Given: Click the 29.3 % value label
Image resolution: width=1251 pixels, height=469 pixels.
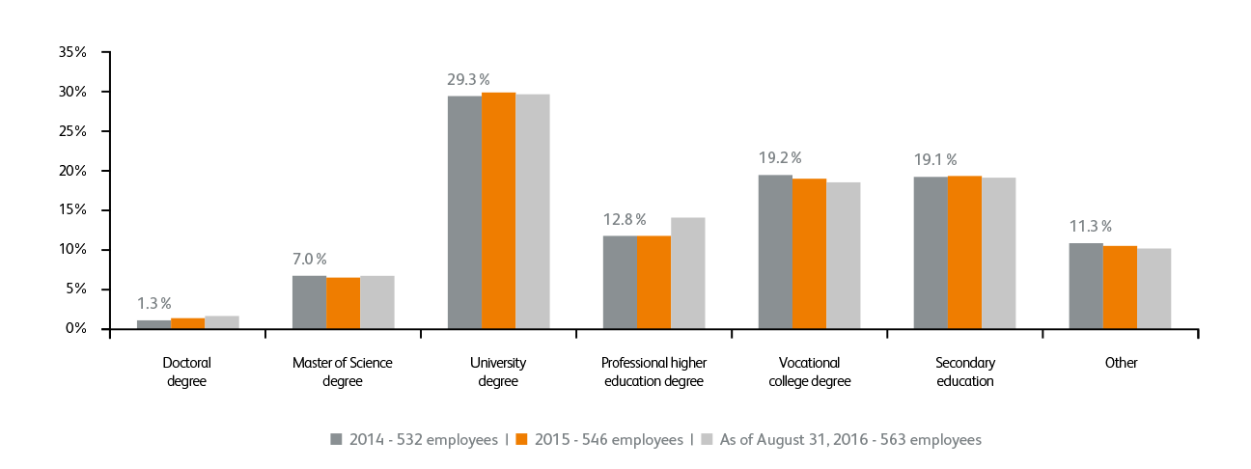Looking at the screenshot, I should [x=468, y=79].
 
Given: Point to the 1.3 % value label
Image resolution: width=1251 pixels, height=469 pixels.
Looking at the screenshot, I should [x=153, y=303].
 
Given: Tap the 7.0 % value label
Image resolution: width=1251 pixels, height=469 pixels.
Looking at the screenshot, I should [x=309, y=259].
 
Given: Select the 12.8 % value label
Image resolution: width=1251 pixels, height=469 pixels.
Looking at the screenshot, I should [x=624, y=219].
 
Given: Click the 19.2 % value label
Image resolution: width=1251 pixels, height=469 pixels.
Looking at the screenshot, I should [x=780, y=157].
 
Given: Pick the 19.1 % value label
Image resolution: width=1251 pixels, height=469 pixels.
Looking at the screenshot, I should [x=935, y=159].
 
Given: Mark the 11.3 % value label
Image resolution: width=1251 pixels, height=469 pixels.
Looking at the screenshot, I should [x=1090, y=227].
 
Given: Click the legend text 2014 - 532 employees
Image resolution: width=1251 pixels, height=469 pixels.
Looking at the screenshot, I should [x=424, y=440].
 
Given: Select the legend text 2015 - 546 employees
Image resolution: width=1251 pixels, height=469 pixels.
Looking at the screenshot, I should [x=607, y=440].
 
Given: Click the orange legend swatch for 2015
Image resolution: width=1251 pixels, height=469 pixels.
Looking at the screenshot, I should [x=521, y=439].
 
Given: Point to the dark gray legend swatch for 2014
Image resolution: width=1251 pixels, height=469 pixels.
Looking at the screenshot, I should [x=337, y=439].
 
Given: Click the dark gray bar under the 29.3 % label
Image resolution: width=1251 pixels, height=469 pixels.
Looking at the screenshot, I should [x=464, y=212].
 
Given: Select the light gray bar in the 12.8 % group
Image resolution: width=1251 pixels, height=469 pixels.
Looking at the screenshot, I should [x=688, y=273].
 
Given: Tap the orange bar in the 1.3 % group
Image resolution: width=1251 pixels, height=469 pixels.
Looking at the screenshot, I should [x=188, y=323].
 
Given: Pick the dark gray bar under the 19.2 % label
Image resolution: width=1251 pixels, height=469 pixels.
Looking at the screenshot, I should [x=775, y=252].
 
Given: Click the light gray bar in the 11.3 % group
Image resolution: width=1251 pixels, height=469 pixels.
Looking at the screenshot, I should [x=1154, y=289].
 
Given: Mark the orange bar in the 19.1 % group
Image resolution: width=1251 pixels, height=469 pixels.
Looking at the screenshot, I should [x=964, y=252].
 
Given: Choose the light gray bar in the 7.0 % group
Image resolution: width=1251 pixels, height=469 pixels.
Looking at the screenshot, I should [x=377, y=302].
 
